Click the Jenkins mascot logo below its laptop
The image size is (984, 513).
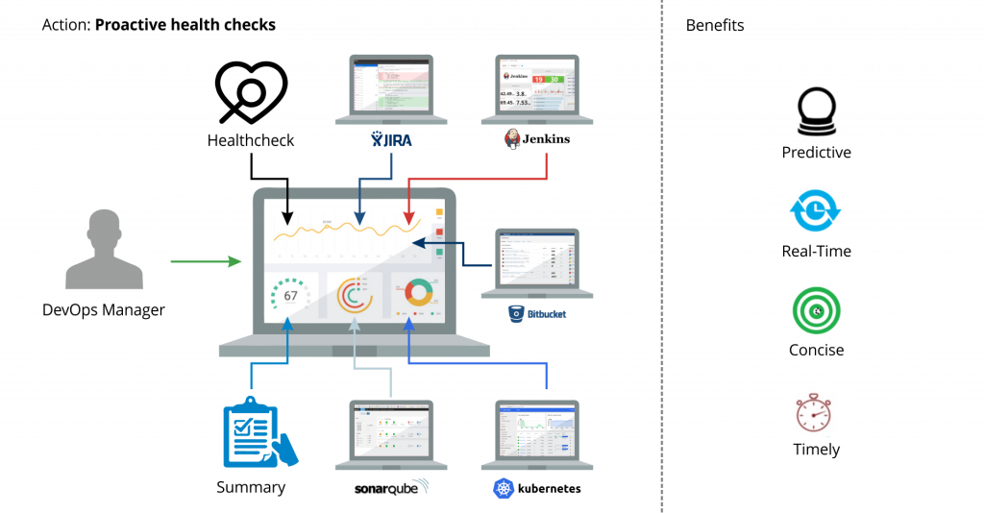(x=513, y=139)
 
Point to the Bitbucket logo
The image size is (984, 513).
(x=537, y=313)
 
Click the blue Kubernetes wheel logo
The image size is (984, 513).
(x=504, y=488)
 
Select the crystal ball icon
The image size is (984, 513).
(x=816, y=111)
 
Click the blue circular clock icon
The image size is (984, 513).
(x=816, y=210)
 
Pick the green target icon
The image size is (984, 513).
(x=816, y=310)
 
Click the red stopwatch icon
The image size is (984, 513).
(x=816, y=411)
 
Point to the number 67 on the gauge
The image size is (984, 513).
(x=290, y=296)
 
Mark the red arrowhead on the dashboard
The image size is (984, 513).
(x=408, y=220)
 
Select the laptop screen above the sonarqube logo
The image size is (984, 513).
(x=390, y=430)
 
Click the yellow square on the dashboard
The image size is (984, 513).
(x=439, y=211)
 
